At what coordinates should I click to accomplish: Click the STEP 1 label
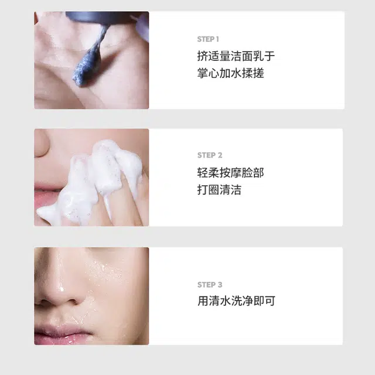click(x=208, y=39)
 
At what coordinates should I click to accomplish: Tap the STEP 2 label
click(x=210, y=155)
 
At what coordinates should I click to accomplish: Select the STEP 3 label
click(x=210, y=285)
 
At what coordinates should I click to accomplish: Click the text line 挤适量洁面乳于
click(x=236, y=56)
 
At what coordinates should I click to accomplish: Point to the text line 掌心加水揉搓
click(x=230, y=73)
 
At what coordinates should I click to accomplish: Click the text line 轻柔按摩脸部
click(x=230, y=173)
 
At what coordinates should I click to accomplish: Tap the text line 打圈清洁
click(x=219, y=190)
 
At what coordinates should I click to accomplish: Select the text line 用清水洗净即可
click(x=236, y=301)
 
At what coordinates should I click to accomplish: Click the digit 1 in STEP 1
click(x=217, y=39)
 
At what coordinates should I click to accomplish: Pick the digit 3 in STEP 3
click(x=220, y=285)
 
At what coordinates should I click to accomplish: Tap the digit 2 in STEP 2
click(x=220, y=155)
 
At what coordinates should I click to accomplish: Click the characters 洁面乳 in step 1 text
click(x=247, y=56)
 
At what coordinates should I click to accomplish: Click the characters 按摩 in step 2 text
click(x=230, y=173)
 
